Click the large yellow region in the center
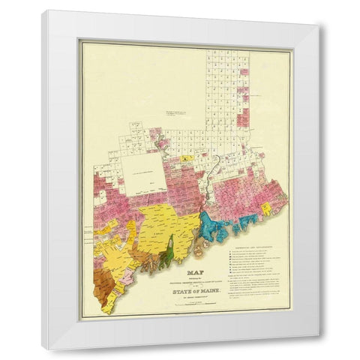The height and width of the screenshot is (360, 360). tap(161, 225)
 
